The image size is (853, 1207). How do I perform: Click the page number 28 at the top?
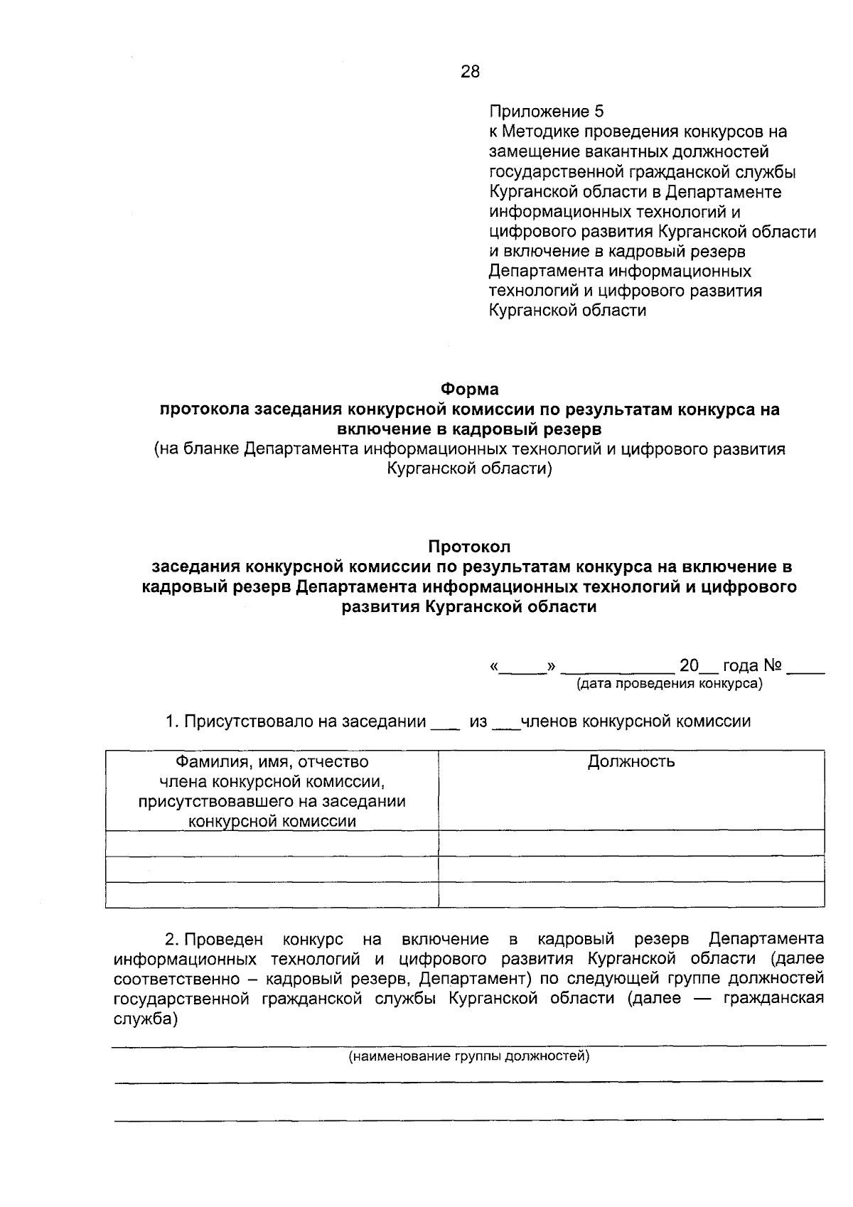(471, 71)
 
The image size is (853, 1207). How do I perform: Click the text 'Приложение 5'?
(546, 112)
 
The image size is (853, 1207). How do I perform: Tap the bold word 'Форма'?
(469, 390)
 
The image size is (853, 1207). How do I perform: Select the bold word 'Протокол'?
(469, 547)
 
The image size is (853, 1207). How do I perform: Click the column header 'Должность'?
(631, 762)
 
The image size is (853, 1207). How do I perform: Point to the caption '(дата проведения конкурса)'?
(669, 684)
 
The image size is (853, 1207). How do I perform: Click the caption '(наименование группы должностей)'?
(469, 1056)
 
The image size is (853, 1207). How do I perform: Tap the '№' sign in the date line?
(773, 666)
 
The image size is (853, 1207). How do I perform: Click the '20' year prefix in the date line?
(689, 666)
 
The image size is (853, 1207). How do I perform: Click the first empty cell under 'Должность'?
(631, 843)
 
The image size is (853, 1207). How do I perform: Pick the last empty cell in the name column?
(272, 895)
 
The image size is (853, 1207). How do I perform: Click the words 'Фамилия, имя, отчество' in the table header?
(272, 762)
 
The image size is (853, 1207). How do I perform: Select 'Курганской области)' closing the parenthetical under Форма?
(469, 469)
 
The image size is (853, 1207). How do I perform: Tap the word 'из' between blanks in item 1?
(478, 721)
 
